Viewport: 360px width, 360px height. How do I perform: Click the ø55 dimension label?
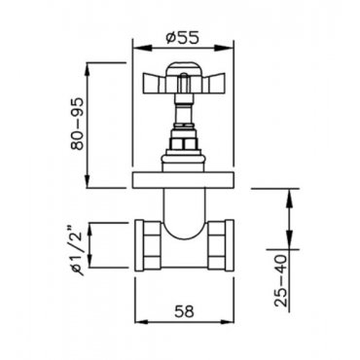tap(182, 38)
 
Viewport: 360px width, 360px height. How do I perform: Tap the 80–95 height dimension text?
tap(77, 124)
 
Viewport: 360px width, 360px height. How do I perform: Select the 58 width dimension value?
tap(184, 311)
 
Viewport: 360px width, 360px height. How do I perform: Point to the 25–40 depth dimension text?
tap(280, 281)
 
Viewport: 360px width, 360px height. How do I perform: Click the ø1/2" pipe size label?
tap(77, 248)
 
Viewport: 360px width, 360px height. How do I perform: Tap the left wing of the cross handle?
tap(154, 83)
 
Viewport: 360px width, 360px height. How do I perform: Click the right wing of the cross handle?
tap(214, 83)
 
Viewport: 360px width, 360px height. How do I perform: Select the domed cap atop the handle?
tap(184, 69)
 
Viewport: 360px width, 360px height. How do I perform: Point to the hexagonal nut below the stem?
tap(184, 143)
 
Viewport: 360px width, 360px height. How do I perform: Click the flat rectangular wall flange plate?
tap(183, 180)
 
